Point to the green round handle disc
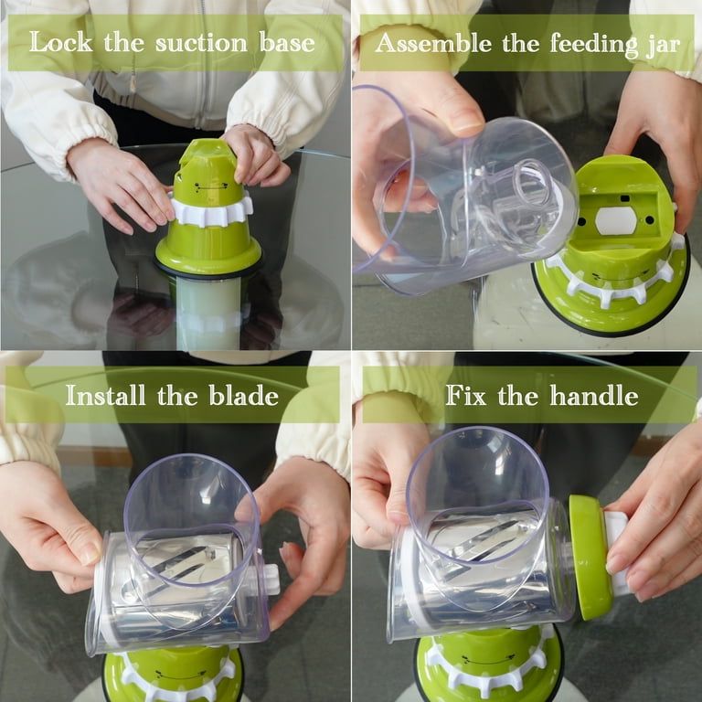pos(589,557)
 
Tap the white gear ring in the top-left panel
pos(211,209)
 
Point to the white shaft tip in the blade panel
pos(271,578)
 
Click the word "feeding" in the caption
pos(577,43)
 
